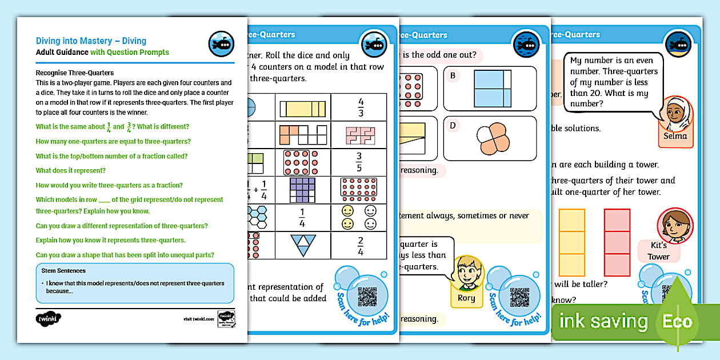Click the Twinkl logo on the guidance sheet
tap(44, 318)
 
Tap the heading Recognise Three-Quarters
tap(75, 73)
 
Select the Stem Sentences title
tap(63, 270)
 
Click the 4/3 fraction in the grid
tap(361, 107)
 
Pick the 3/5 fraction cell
tap(359, 162)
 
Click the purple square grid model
tap(302, 190)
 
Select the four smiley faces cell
tap(358, 217)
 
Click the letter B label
tap(453, 75)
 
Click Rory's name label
tap(466, 298)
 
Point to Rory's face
tap(468, 273)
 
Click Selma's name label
tap(675, 137)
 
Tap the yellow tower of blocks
tap(571, 243)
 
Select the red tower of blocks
tap(617, 243)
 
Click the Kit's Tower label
tap(658, 251)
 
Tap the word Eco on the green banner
tap(677, 321)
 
